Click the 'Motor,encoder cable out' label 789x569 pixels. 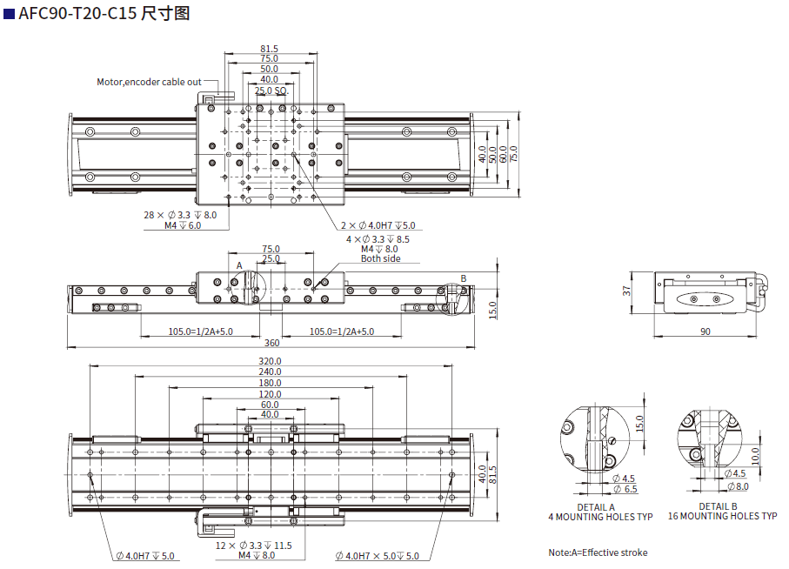click(x=149, y=82)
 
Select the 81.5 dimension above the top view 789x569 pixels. click(x=269, y=49)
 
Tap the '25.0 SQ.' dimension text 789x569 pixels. click(x=271, y=90)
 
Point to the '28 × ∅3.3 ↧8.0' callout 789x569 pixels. click(x=181, y=214)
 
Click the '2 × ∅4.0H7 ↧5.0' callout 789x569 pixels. click(x=378, y=225)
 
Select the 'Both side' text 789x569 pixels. click(x=381, y=258)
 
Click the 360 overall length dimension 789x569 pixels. click(x=272, y=343)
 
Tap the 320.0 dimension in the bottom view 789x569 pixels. click(x=270, y=361)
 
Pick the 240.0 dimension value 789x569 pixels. click(x=270, y=372)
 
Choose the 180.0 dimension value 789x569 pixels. click(x=270, y=383)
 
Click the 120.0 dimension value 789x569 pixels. click(x=270, y=394)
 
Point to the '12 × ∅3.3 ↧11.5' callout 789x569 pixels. click(x=253, y=546)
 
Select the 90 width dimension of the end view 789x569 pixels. click(x=705, y=331)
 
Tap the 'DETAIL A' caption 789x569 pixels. click(x=596, y=507)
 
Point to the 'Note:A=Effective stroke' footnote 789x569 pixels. click(x=598, y=552)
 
